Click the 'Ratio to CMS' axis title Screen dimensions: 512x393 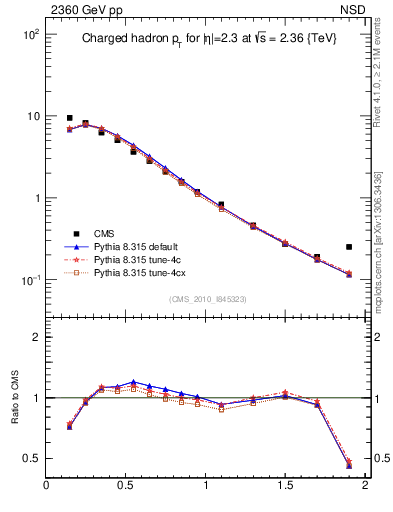tap(15, 398)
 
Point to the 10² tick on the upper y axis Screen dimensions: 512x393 tap(30, 34)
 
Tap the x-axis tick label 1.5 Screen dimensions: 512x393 tap(286, 487)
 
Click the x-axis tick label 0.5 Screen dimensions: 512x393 tap(126, 487)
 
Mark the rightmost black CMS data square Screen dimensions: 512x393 tap(349, 246)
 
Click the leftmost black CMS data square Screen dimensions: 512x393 tap(69, 118)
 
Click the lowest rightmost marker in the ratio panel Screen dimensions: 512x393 tap(349, 466)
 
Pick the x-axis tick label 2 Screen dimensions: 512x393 tap(366, 487)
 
